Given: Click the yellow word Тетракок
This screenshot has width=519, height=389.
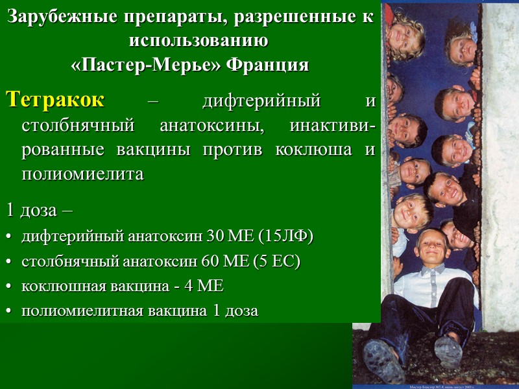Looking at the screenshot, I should (x=55, y=102).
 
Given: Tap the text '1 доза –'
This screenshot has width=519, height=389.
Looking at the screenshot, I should (x=40, y=211).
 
